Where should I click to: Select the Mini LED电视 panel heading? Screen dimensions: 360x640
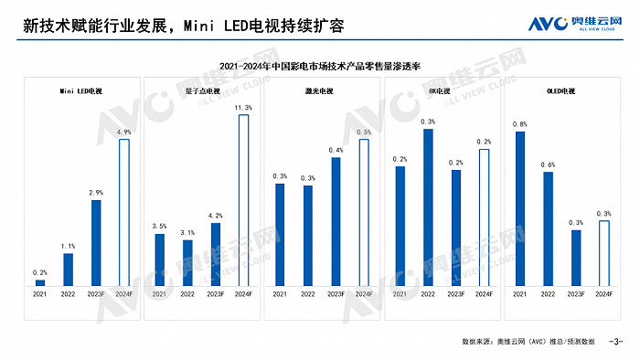80,92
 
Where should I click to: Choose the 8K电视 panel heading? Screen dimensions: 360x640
442,92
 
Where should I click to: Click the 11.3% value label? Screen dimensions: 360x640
243,108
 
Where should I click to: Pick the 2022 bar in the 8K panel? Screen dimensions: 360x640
428,207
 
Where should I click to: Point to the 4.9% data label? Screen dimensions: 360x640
124,132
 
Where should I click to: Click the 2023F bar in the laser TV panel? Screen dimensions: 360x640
336,221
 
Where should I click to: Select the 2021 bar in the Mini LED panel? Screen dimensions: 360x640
40,282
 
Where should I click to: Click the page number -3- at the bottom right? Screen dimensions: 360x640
614,341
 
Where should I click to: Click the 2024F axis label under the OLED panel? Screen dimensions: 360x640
604,294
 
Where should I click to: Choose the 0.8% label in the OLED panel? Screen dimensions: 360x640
519,124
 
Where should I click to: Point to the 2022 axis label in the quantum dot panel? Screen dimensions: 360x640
187,294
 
